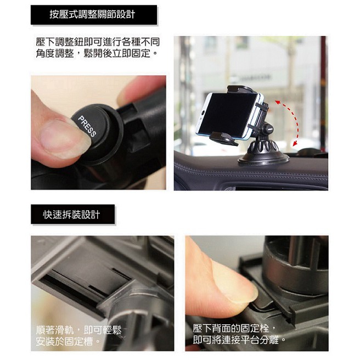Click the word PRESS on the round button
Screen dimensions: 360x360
click(x=87, y=126)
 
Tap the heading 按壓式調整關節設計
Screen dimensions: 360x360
click(x=93, y=14)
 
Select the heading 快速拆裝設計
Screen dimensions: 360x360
click(x=72, y=215)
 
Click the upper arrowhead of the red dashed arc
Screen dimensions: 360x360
click(x=278, y=103)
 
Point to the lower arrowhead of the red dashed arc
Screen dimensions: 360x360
click(x=295, y=143)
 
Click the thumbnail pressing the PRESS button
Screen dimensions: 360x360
click(x=62, y=138)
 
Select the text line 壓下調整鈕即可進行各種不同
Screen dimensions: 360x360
click(x=98, y=42)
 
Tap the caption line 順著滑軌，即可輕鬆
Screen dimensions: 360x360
click(x=78, y=330)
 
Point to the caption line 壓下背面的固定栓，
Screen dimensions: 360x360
click(x=234, y=328)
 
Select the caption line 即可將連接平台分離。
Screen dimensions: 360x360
click(x=239, y=340)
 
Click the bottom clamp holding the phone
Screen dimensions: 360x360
click(x=223, y=138)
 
